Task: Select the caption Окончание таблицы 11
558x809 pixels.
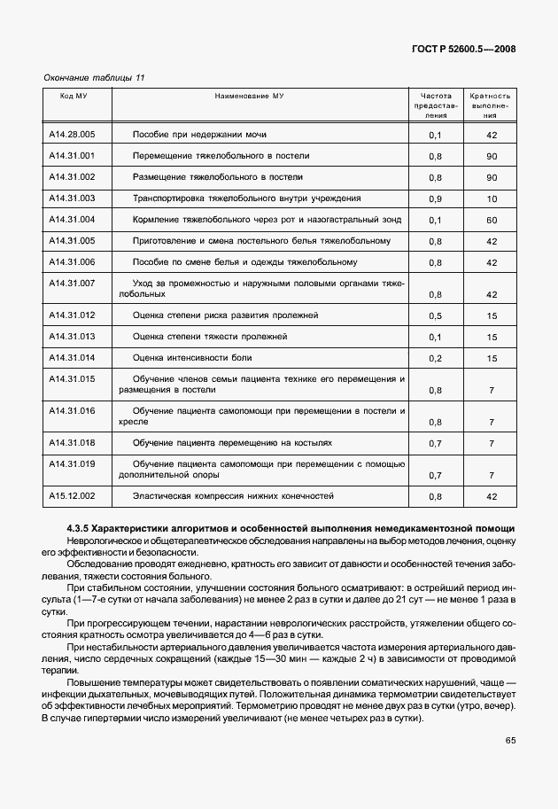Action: pyautogui.click(x=94, y=78)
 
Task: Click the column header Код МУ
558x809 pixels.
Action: pyautogui.click(x=73, y=96)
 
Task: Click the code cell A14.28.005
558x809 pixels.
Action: pyautogui.click(x=73, y=134)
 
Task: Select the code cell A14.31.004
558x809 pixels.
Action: pyautogui.click(x=73, y=219)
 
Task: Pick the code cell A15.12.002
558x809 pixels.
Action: pyautogui.click(x=73, y=495)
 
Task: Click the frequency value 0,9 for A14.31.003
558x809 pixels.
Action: pyautogui.click(x=435, y=199)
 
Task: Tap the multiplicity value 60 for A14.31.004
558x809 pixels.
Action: pyautogui.click(x=491, y=221)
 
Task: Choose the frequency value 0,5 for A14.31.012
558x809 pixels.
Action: pyautogui.click(x=435, y=316)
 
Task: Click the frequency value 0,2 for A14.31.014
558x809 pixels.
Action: pyautogui.click(x=435, y=359)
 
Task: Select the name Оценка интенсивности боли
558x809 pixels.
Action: pyautogui.click(x=192, y=357)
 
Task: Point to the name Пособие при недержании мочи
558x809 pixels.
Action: pyautogui.click(x=199, y=134)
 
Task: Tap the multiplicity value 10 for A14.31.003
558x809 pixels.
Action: pyautogui.click(x=491, y=199)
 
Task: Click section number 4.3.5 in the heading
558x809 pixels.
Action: pyautogui.click(x=78, y=529)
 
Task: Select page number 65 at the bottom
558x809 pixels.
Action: pyautogui.click(x=510, y=764)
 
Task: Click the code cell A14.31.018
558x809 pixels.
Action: pyautogui.click(x=73, y=442)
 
